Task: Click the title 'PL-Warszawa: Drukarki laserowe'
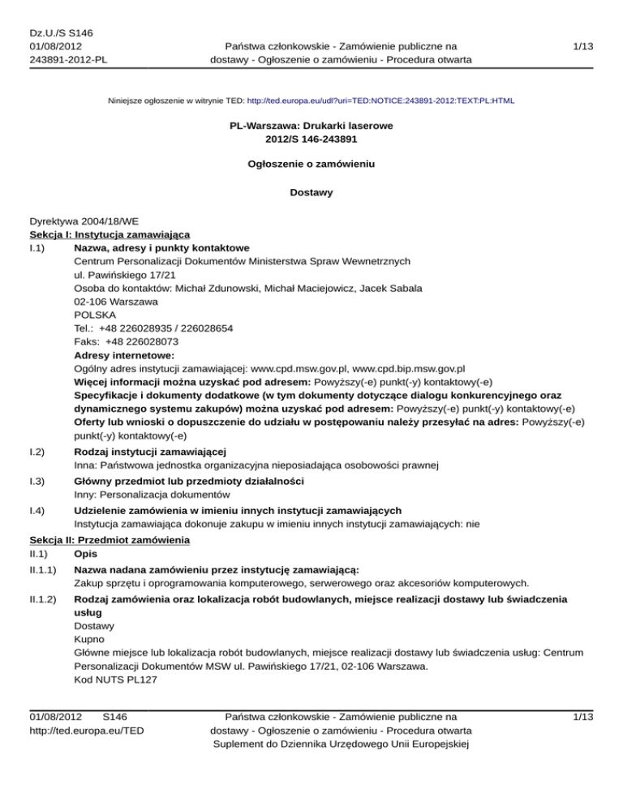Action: (311, 126)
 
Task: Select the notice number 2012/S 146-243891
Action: (311, 139)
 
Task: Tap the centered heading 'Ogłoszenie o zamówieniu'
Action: (311, 164)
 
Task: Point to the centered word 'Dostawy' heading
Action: (311, 193)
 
